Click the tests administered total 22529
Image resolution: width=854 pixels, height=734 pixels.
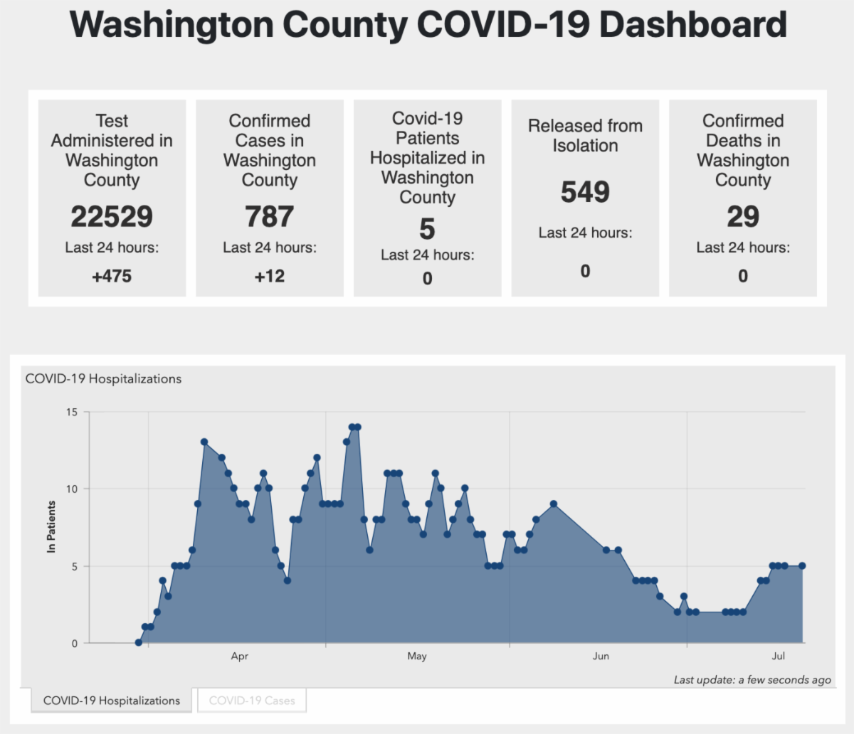tap(112, 217)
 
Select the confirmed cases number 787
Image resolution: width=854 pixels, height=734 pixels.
tap(270, 217)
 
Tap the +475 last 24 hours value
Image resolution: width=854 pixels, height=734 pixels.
tap(112, 276)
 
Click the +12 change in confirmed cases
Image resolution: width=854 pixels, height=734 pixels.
tap(270, 276)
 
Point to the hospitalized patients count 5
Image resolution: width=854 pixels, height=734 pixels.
tap(427, 229)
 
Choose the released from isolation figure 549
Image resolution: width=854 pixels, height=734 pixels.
tap(585, 192)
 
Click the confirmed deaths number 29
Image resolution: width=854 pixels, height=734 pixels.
tap(743, 217)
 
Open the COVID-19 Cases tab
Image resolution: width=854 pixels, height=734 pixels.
tap(252, 701)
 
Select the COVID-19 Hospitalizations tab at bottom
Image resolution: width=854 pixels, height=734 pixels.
tap(112, 701)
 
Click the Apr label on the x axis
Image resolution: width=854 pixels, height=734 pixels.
tap(240, 656)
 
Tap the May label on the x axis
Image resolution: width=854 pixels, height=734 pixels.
tap(417, 656)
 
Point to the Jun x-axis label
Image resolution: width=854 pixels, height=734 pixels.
tap(601, 656)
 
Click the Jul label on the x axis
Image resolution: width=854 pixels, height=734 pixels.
tap(779, 656)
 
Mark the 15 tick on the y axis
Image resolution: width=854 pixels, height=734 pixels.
tap(71, 412)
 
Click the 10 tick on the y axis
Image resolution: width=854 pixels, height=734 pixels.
tap(71, 489)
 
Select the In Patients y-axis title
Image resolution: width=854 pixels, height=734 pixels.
tap(51, 527)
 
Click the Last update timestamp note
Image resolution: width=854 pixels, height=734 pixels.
tap(752, 680)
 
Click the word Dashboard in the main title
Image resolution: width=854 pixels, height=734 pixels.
tap(693, 25)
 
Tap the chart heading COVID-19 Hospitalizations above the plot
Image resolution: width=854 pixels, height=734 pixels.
tap(103, 379)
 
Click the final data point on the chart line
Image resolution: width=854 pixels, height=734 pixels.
tap(802, 566)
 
